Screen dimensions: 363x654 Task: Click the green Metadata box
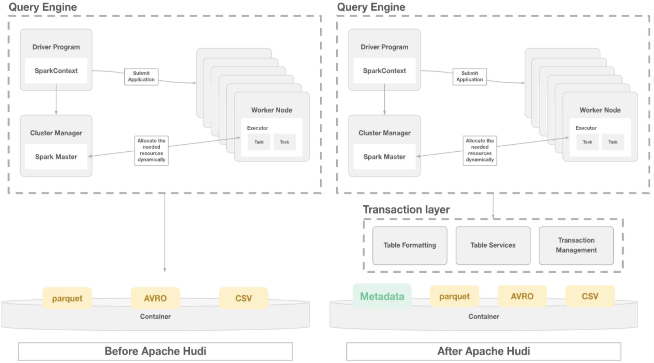pos(382,296)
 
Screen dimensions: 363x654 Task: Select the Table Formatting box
pos(410,245)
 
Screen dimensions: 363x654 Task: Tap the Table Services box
pos(493,245)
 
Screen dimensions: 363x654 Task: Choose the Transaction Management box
pos(576,245)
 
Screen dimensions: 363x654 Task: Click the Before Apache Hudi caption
pos(155,351)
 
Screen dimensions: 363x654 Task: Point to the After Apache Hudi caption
pos(484,351)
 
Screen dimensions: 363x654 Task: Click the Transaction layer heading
pos(406,209)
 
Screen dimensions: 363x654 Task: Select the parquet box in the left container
pos(67,298)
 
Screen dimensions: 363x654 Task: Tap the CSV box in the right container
pos(590,296)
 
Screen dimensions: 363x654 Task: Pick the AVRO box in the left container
pos(155,298)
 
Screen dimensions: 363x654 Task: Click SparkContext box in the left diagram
pos(56,71)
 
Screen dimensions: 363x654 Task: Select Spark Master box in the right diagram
pos(384,157)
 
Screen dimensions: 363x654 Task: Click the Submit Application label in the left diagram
pos(141,76)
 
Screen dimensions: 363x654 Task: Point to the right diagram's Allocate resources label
pos(480,150)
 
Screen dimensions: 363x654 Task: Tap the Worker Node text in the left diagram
pos(272,110)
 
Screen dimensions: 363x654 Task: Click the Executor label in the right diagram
pos(586,128)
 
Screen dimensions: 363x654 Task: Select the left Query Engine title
pos(43,7)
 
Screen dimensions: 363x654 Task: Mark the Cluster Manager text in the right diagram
pos(384,133)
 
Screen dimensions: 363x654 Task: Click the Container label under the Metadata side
pos(484,317)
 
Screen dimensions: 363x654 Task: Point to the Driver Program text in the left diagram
pos(56,47)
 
